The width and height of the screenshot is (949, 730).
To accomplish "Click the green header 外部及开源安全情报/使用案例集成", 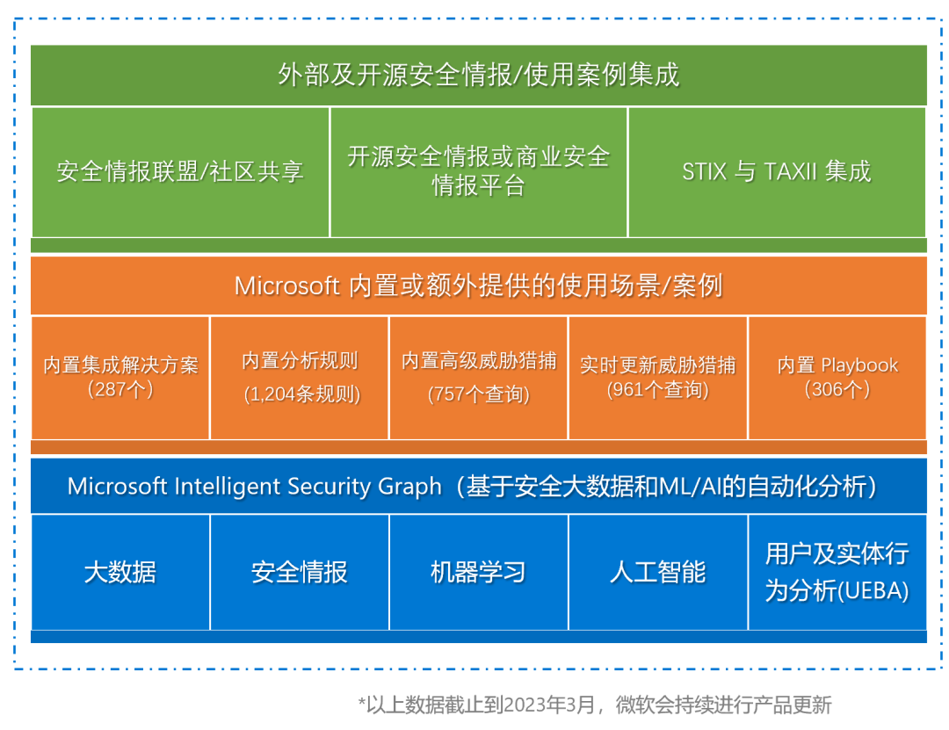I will click(x=479, y=76).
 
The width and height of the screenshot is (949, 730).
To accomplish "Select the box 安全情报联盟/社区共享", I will click(x=180, y=171).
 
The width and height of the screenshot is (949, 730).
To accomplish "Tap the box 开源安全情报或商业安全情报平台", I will click(x=479, y=171).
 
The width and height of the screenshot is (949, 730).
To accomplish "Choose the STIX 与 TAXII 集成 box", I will click(x=777, y=171).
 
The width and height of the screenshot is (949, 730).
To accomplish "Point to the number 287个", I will click(x=121, y=389).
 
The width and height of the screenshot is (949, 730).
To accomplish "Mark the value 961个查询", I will click(x=658, y=389).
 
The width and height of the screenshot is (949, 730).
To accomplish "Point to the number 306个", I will click(x=837, y=389).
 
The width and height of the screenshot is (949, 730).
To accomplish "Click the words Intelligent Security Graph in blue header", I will click(x=311, y=486).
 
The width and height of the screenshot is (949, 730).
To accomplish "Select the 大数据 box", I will click(x=120, y=573).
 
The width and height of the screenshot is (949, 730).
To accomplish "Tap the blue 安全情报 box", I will click(x=300, y=573).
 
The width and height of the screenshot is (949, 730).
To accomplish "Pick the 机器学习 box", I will click(x=479, y=573).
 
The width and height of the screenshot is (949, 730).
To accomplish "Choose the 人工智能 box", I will click(x=658, y=573).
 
